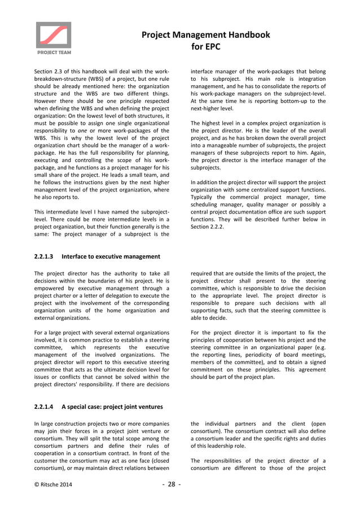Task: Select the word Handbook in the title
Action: coord(245,35)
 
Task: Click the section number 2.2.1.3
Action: coord(44,256)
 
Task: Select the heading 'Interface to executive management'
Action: coord(111,256)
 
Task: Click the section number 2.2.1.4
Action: coord(44,406)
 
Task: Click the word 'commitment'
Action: coord(209,370)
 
